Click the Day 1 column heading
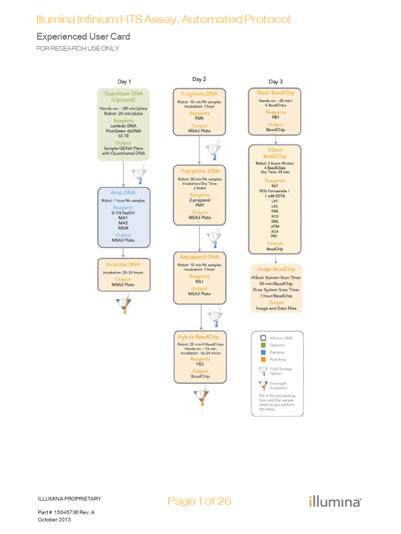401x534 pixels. (x=123, y=81)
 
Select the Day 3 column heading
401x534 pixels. (x=276, y=81)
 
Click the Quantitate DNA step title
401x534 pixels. (x=123, y=96)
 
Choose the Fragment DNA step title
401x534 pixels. (x=199, y=94)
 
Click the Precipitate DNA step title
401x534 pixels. (x=199, y=171)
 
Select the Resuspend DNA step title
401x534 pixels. (x=199, y=257)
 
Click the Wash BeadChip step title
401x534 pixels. (x=276, y=93)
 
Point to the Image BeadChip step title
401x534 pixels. (x=276, y=269)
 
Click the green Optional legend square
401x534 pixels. (x=263, y=345)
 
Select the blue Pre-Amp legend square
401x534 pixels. (x=263, y=353)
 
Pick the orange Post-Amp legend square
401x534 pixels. (x=263, y=360)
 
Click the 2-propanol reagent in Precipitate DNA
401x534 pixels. (x=199, y=199)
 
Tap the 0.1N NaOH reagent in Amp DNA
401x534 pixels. (x=123, y=213)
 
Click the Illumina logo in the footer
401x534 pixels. (x=334, y=502)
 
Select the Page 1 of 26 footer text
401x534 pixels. (x=199, y=501)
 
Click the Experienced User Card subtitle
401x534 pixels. (x=83, y=37)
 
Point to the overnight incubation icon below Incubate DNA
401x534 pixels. (x=124, y=304)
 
